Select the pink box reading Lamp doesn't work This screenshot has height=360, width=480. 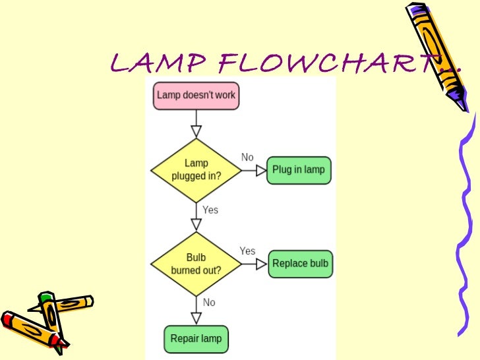[196, 96]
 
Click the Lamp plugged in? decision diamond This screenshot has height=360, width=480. [196, 170]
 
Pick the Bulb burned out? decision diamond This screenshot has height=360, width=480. [196, 263]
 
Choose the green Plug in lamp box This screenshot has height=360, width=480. [299, 170]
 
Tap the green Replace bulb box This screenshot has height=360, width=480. [300, 264]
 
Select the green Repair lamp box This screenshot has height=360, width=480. [196, 340]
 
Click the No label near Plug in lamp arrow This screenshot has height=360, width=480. [247, 157]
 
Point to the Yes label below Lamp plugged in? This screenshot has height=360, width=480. [210, 210]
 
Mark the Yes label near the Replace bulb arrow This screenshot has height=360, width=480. [247, 251]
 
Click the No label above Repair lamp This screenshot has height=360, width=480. [209, 303]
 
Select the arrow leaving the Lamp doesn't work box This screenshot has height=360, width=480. [196, 123]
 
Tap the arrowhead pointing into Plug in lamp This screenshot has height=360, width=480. [261, 170]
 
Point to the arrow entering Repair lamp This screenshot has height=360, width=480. [196, 310]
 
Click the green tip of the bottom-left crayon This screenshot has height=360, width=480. [44, 298]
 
